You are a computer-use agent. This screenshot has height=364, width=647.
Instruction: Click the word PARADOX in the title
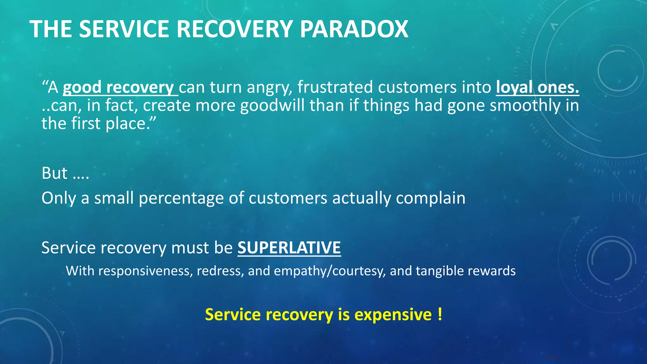(354, 29)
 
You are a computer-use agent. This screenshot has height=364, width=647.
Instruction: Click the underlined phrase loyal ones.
(537, 87)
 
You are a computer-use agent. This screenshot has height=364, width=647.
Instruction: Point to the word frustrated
(335, 87)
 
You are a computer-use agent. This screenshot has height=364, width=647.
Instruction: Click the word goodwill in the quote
(272, 106)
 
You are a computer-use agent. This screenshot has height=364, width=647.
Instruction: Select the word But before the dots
(54, 173)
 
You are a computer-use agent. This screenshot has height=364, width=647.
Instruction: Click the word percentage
(181, 198)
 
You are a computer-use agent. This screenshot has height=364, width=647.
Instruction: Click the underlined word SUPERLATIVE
(289, 248)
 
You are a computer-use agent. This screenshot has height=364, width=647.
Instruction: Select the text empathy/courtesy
(330, 271)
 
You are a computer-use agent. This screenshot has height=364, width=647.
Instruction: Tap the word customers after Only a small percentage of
(288, 198)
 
